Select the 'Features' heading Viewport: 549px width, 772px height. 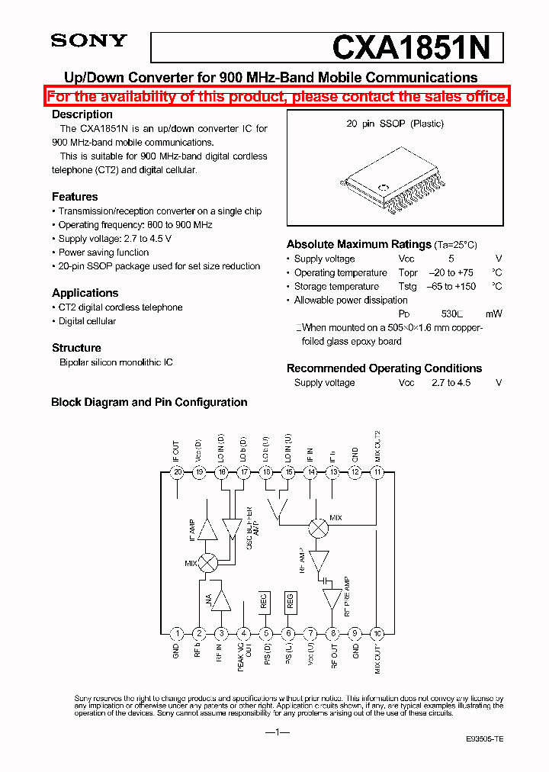(x=75, y=197)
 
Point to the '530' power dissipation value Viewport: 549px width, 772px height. (x=450, y=314)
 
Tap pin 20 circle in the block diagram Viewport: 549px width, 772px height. (x=177, y=472)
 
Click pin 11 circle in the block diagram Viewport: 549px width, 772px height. (x=377, y=472)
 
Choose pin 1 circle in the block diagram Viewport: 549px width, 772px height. (x=177, y=633)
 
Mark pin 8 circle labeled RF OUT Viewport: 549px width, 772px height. (x=332, y=633)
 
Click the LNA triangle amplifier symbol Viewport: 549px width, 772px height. (x=221, y=600)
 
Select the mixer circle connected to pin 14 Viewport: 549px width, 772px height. (x=318, y=526)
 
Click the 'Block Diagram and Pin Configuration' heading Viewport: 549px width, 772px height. (x=149, y=402)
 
